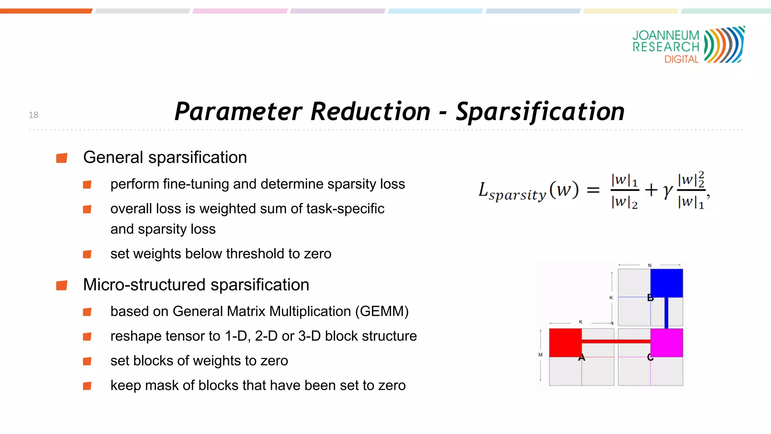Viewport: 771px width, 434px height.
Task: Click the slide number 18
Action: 34,115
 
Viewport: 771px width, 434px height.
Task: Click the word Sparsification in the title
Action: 540,112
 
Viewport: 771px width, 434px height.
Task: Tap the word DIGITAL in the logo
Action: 681,60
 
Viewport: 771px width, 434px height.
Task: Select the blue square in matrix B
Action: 666,283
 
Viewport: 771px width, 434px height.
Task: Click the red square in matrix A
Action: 565,342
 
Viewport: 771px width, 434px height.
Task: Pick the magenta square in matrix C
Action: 666,342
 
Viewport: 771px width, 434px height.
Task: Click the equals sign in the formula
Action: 593,190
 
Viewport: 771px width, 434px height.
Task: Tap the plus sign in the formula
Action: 651,190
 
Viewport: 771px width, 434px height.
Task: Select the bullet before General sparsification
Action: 62,158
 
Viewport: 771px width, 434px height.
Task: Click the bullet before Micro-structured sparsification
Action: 62,285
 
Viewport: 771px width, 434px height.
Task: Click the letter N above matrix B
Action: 649,265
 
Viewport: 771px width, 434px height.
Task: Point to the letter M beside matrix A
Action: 540,355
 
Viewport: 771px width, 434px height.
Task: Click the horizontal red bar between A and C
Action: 616,341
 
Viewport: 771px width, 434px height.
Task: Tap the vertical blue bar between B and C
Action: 666,313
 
